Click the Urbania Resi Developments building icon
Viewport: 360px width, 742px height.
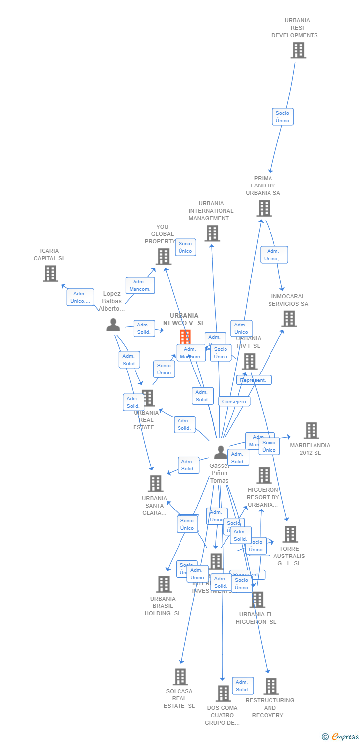pos(298,50)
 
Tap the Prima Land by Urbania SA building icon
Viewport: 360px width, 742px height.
pos(264,208)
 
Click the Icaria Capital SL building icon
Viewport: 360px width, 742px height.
pos(50,274)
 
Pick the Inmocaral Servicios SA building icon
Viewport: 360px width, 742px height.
pos(289,319)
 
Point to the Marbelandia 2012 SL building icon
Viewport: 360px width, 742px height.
pos(311,430)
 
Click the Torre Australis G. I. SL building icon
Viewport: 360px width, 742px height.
pos(290,534)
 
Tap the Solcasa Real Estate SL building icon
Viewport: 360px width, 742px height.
pos(180,676)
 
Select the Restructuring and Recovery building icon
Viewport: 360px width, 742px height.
pos(270,686)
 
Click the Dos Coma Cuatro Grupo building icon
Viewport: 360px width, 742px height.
pos(223,694)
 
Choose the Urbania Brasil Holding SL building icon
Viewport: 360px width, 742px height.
pos(163,584)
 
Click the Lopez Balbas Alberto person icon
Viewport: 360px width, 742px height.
pos(113,325)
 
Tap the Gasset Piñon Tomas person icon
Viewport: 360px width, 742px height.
pos(221,452)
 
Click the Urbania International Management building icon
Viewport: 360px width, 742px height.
pos(212,233)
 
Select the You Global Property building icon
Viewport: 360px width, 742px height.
pos(163,256)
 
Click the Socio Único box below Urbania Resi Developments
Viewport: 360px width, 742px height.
pos(283,117)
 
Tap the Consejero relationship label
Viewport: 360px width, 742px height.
pos(234,401)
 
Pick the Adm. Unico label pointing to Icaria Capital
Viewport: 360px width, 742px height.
pos(81,297)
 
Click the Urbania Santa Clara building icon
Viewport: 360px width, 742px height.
pos(155,483)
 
